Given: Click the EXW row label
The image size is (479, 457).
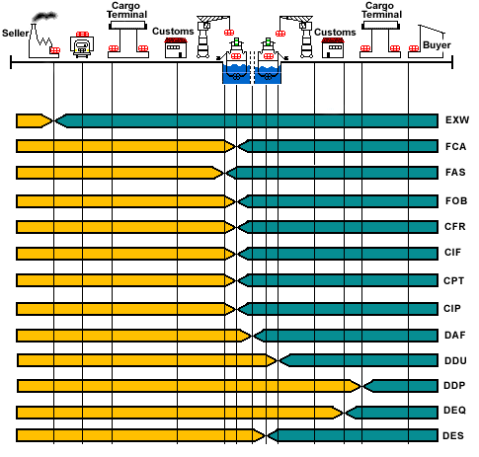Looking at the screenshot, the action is pos(457,120).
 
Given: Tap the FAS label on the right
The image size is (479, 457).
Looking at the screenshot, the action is pos(455,172).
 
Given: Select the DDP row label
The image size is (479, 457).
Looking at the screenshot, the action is pos(454,385).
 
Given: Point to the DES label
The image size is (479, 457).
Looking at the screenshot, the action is pos(453,436).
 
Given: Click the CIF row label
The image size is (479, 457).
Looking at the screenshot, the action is pos(452,253).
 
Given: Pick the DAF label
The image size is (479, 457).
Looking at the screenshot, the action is pos(455,336).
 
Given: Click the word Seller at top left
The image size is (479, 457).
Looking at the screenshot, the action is pos(16,34).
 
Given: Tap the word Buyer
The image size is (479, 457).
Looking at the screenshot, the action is pos(437,45).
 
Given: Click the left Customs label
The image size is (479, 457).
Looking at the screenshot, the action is pos(173,32).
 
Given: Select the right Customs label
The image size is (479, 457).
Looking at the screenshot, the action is pos(335,33).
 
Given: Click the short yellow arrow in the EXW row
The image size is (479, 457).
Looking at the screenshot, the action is pos(35,120).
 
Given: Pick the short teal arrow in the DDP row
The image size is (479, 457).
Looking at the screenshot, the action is pos(401,386).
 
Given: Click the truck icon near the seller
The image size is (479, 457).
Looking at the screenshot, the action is pos(82,45).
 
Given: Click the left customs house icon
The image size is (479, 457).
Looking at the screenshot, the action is pos(176,48).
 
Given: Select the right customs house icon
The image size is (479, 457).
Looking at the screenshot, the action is pos(333,48).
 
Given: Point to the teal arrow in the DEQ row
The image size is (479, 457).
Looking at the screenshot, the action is pos(392,413).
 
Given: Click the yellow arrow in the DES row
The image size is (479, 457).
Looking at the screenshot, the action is pos(141,435).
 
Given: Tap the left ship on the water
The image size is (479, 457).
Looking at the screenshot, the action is pos(236,61).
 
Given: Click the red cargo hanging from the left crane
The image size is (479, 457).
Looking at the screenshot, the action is pos(229,33).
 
